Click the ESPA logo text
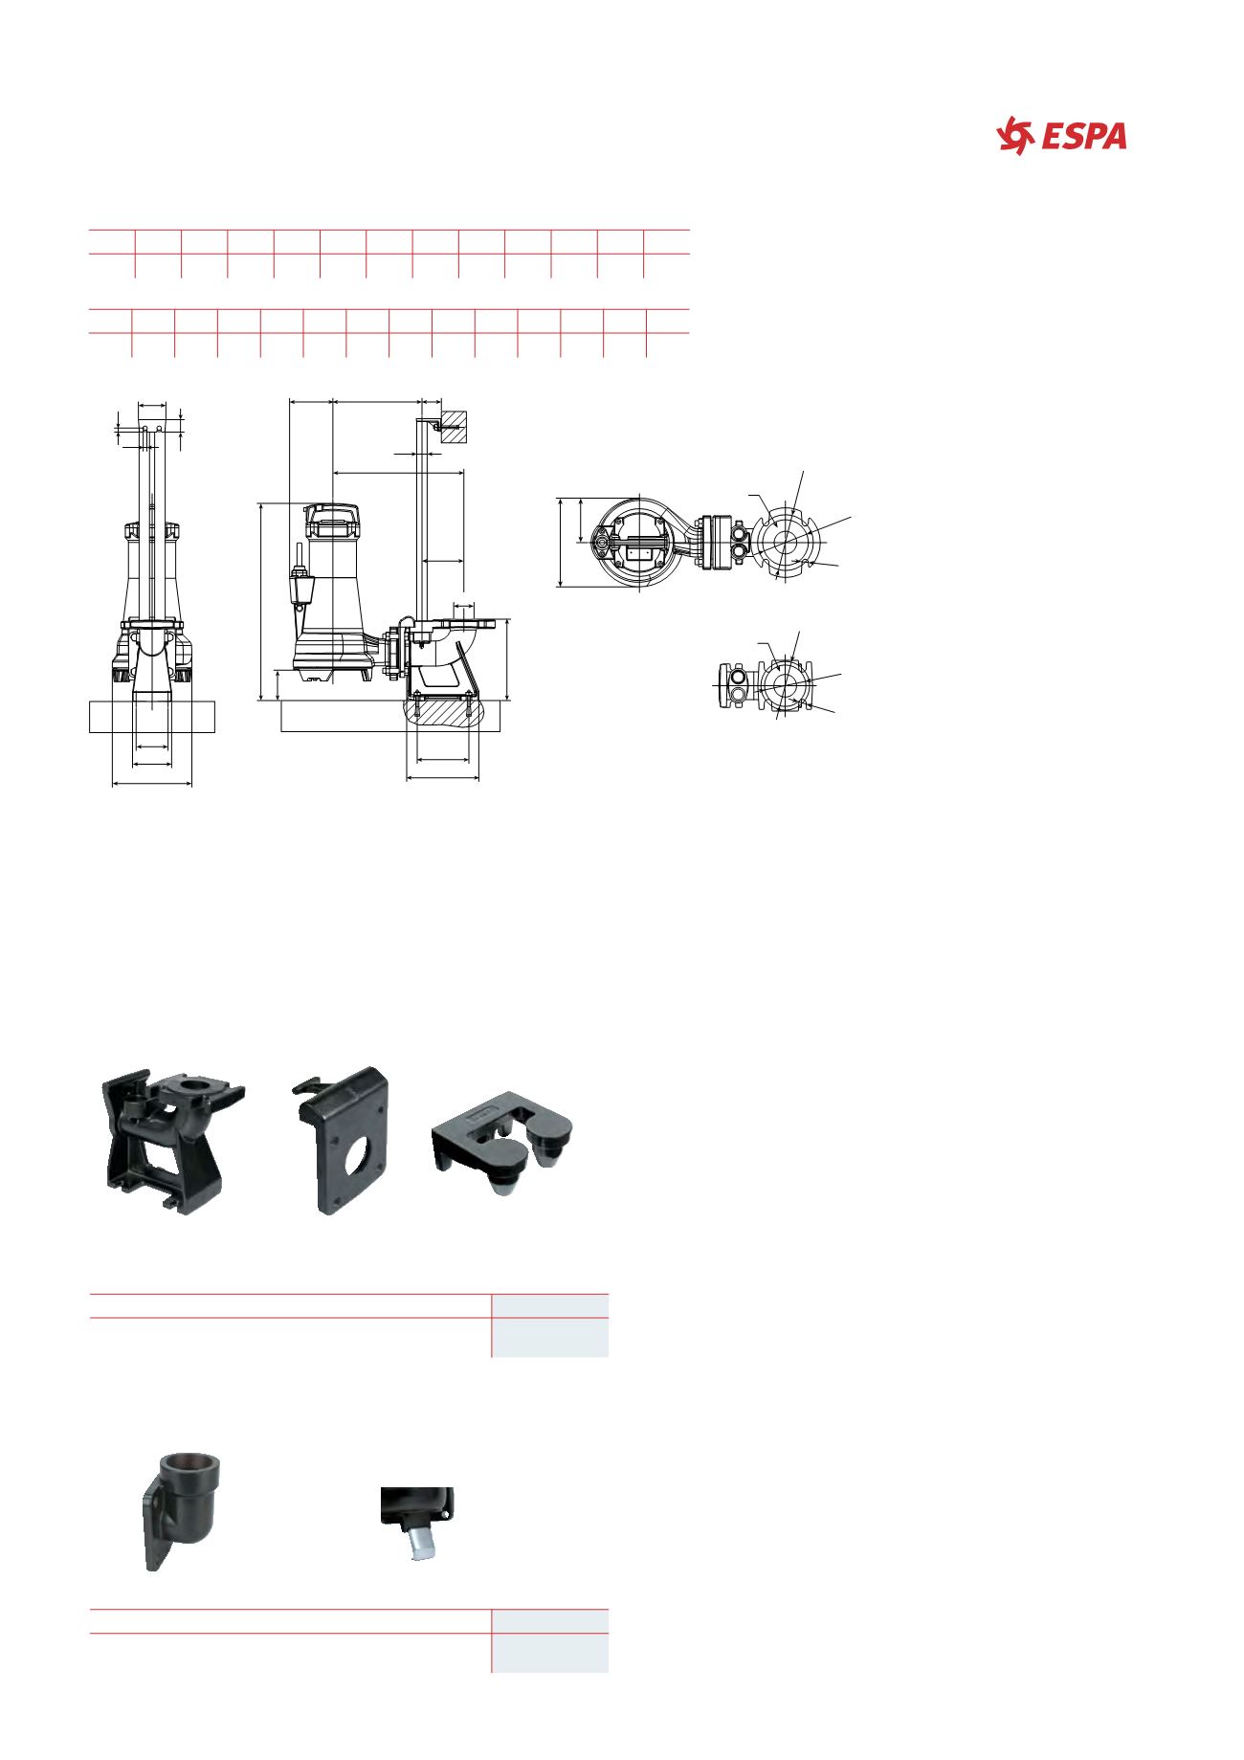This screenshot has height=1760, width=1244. [x=1084, y=137]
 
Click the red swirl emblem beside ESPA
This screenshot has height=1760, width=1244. [x=1016, y=136]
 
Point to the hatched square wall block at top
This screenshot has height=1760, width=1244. [x=454, y=427]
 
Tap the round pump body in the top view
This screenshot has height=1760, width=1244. [x=637, y=544]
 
